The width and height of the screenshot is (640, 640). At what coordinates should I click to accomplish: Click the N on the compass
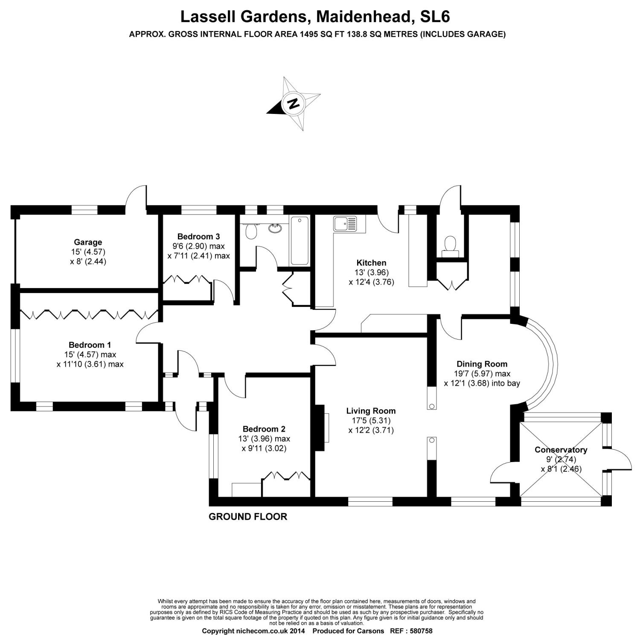pos(293,103)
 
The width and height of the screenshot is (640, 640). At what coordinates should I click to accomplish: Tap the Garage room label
pos(88,242)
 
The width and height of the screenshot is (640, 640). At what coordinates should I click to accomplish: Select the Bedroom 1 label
pos(90,345)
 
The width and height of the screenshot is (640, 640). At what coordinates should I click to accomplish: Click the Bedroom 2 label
pos(264,429)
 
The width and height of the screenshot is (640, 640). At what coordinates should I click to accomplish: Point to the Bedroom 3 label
pos(199,236)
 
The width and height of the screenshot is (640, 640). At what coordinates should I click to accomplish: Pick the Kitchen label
pos(371,263)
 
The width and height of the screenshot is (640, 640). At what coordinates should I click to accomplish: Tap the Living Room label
pos(371,411)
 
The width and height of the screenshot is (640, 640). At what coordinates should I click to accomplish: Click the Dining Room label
pos(482,364)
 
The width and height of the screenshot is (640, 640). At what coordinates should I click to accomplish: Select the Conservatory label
pos(561,450)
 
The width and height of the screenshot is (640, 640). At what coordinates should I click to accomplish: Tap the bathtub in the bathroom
pos(299,241)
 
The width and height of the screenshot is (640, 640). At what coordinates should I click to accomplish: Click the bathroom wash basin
pos(275,228)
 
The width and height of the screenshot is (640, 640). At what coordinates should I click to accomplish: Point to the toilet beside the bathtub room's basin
pos(251,232)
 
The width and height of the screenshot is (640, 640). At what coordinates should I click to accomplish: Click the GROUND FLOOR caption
pos(247,517)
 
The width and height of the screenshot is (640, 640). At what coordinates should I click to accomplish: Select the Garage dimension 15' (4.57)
pos(88,252)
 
